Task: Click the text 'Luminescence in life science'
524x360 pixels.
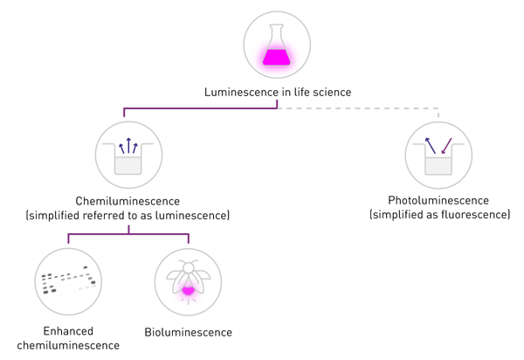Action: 278,91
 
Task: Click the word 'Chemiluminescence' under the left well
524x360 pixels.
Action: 129,201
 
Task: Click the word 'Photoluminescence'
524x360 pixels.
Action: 438,201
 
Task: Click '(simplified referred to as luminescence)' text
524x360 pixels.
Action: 129,214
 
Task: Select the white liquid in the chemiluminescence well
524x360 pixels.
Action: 128,163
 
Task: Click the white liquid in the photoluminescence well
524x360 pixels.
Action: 438,163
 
